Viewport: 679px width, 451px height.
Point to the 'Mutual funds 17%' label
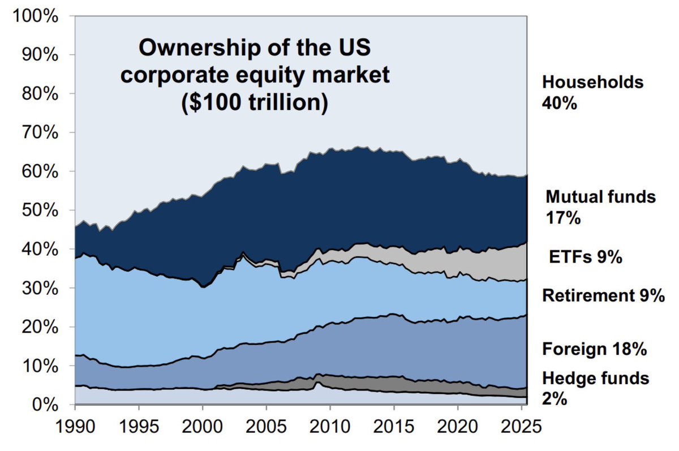600,207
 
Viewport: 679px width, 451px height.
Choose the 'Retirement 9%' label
603,295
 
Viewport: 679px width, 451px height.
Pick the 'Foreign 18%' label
594,349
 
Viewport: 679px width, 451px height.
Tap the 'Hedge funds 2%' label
595,388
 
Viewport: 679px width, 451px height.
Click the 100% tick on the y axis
37,16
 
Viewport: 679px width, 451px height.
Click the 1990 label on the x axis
75,426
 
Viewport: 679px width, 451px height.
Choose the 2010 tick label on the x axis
330,426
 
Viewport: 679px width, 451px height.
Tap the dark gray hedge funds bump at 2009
319,378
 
